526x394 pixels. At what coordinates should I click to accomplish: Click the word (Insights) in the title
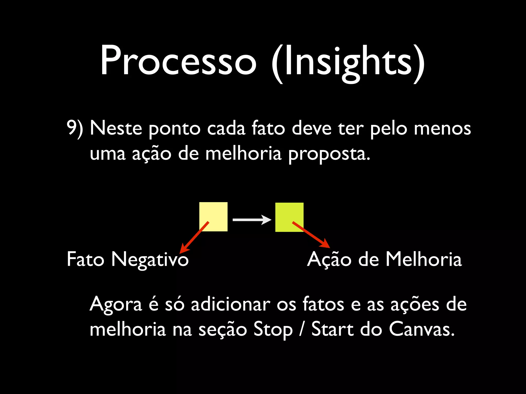click(348, 63)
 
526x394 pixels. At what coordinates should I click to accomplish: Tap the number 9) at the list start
click(75, 128)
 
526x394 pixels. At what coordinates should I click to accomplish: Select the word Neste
click(116, 128)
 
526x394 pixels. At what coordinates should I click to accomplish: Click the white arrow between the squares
click(251, 220)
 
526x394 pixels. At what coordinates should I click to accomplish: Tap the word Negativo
click(150, 260)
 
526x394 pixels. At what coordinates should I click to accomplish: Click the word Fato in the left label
click(85, 259)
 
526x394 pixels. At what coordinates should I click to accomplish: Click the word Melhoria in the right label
click(424, 259)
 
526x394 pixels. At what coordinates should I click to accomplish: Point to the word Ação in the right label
click(329, 259)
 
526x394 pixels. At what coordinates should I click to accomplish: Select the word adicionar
click(230, 304)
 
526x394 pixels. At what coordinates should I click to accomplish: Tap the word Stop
click(273, 330)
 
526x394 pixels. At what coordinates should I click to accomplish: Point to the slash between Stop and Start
click(302, 329)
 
